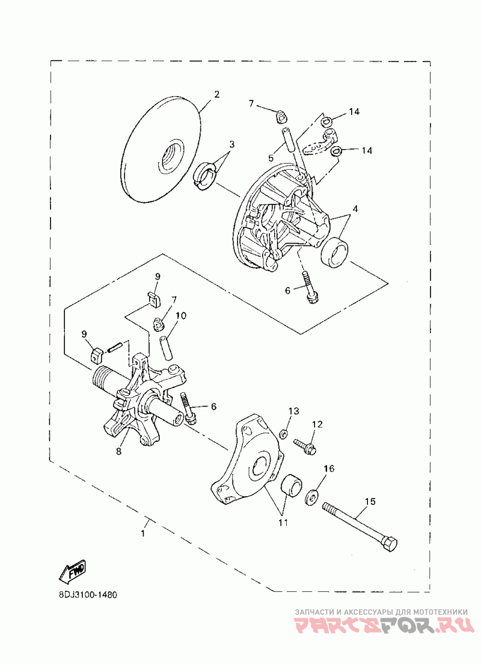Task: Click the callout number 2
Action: (216, 94)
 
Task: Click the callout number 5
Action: (271, 158)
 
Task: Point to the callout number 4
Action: (355, 209)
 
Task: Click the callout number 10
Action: (181, 316)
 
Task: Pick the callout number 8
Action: (118, 451)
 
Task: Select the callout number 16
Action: (329, 469)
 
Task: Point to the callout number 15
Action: (370, 500)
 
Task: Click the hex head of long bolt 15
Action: (389, 544)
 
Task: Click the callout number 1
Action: (143, 533)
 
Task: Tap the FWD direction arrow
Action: (72, 571)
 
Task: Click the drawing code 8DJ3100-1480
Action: (79, 595)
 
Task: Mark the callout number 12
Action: (317, 424)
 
